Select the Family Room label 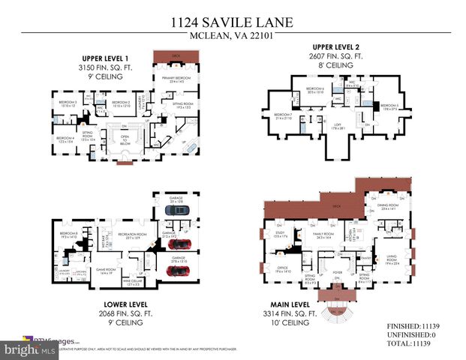(x=325, y=235)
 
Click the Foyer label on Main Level (x=337, y=272)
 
